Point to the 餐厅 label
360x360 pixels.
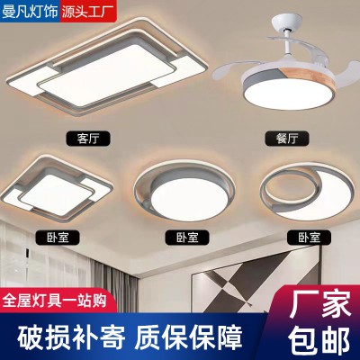284,138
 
